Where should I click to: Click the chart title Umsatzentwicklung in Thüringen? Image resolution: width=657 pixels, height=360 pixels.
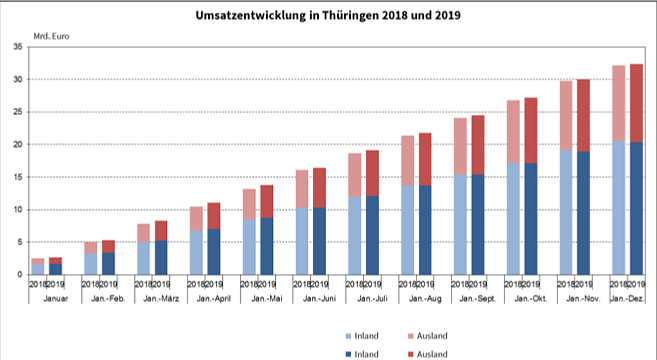[328, 17]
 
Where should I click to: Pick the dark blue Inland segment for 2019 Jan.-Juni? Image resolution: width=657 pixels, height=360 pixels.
[319, 240]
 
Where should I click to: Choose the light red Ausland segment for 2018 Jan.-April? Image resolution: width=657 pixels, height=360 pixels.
[197, 218]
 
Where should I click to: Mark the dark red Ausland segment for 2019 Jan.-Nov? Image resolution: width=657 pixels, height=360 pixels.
[583, 115]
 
